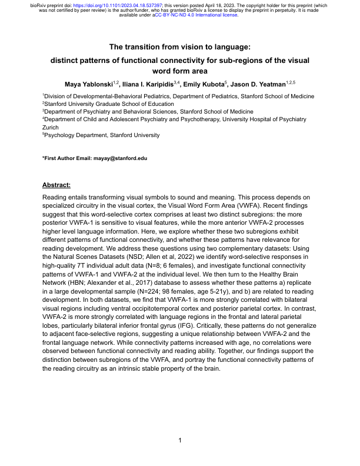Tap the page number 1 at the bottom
pyautogui.click(x=180, y=440)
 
